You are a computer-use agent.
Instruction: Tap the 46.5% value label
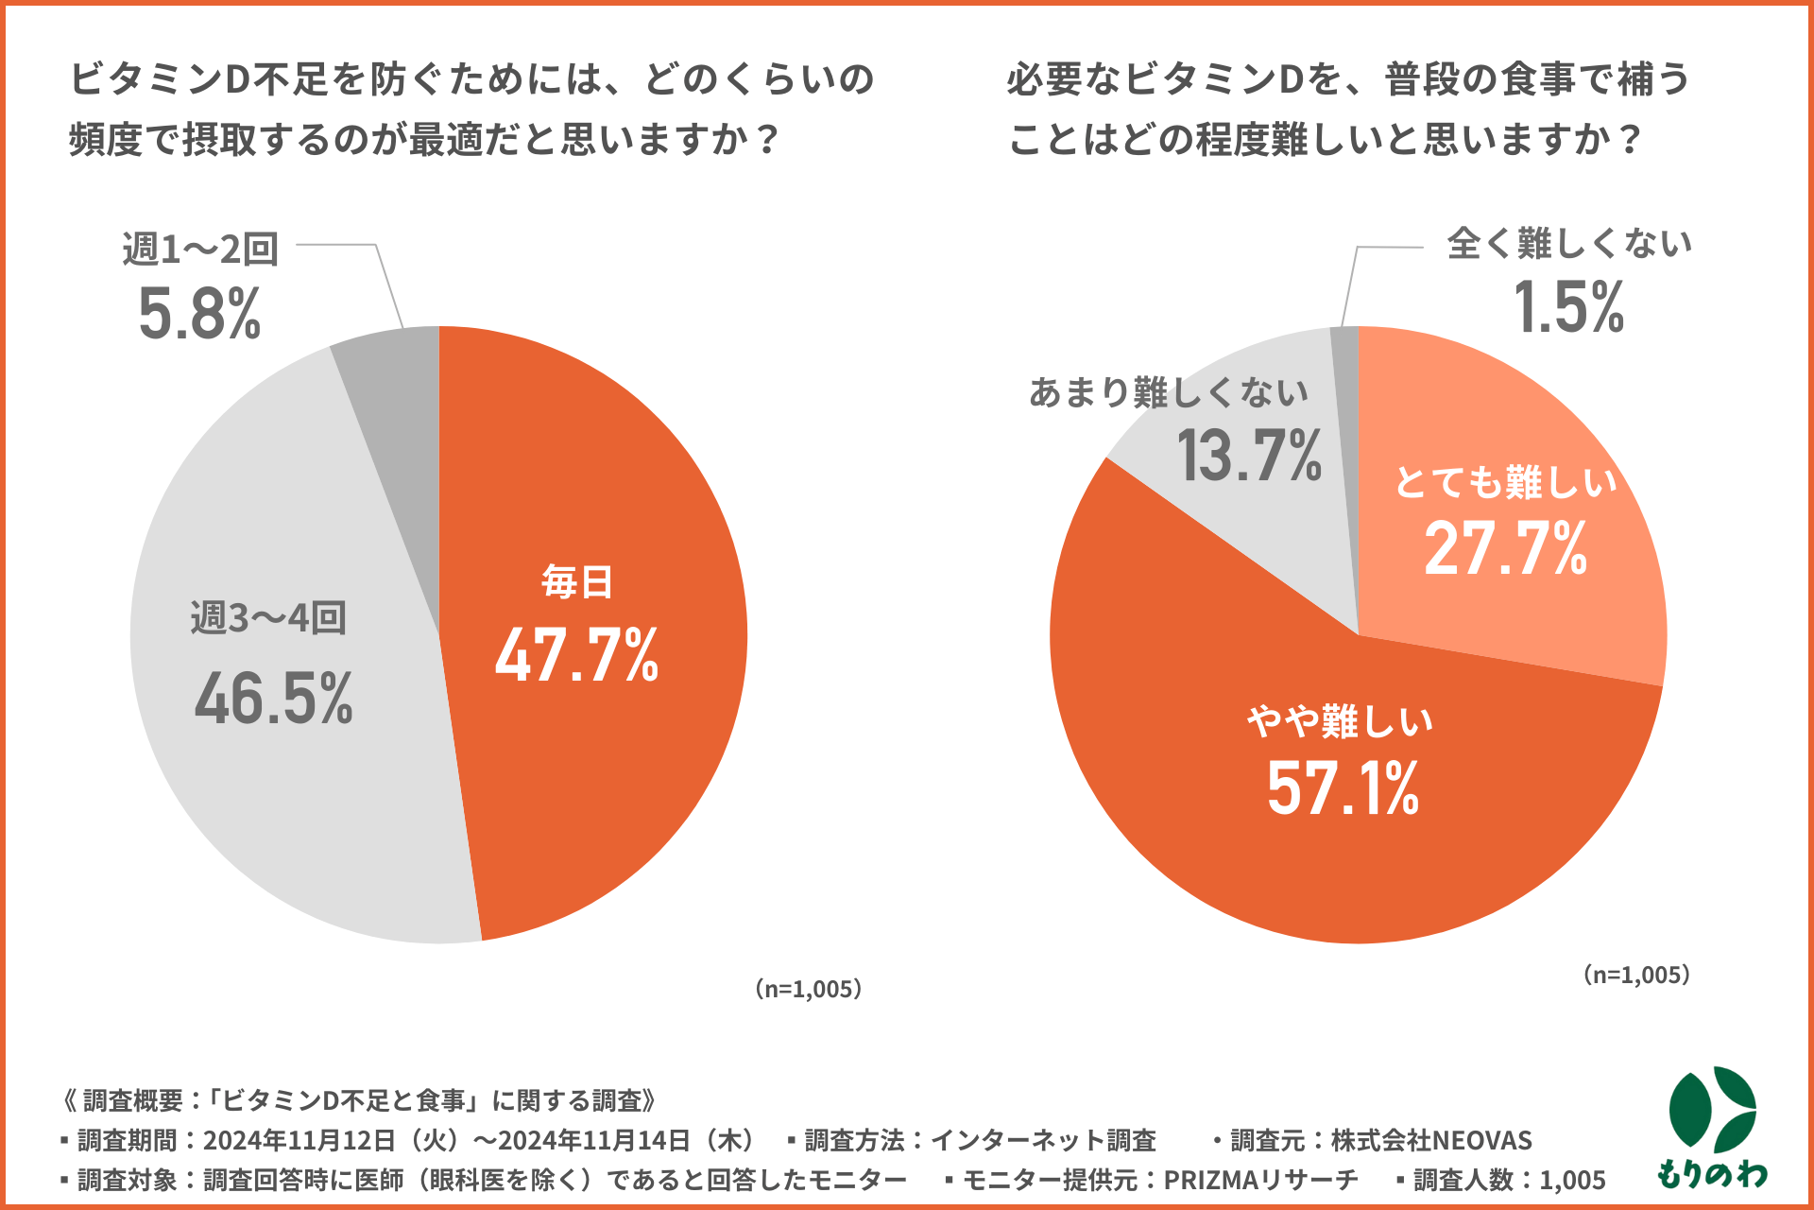click(274, 700)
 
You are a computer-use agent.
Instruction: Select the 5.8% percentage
click(199, 314)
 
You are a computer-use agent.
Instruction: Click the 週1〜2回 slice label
click(200, 250)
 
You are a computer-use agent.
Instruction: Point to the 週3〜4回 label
click(268, 618)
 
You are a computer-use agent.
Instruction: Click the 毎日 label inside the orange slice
click(576, 582)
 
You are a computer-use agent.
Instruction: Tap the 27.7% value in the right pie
click(1506, 548)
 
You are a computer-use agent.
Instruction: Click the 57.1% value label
click(1343, 788)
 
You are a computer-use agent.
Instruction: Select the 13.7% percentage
click(1249, 456)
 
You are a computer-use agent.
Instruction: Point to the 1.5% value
click(1568, 308)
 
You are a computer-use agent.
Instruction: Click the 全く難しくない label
click(1568, 244)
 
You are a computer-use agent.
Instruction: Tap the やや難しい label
click(1340, 722)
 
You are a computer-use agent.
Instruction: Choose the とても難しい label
click(1506, 482)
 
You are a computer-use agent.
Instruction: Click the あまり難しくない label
click(1169, 391)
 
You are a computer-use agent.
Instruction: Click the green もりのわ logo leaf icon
click(1712, 1112)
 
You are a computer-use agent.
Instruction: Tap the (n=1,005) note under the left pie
click(809, 989)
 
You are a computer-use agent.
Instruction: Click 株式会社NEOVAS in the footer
click(1430, 1141)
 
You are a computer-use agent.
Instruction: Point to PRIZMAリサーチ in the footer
click(1260, 1180)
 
